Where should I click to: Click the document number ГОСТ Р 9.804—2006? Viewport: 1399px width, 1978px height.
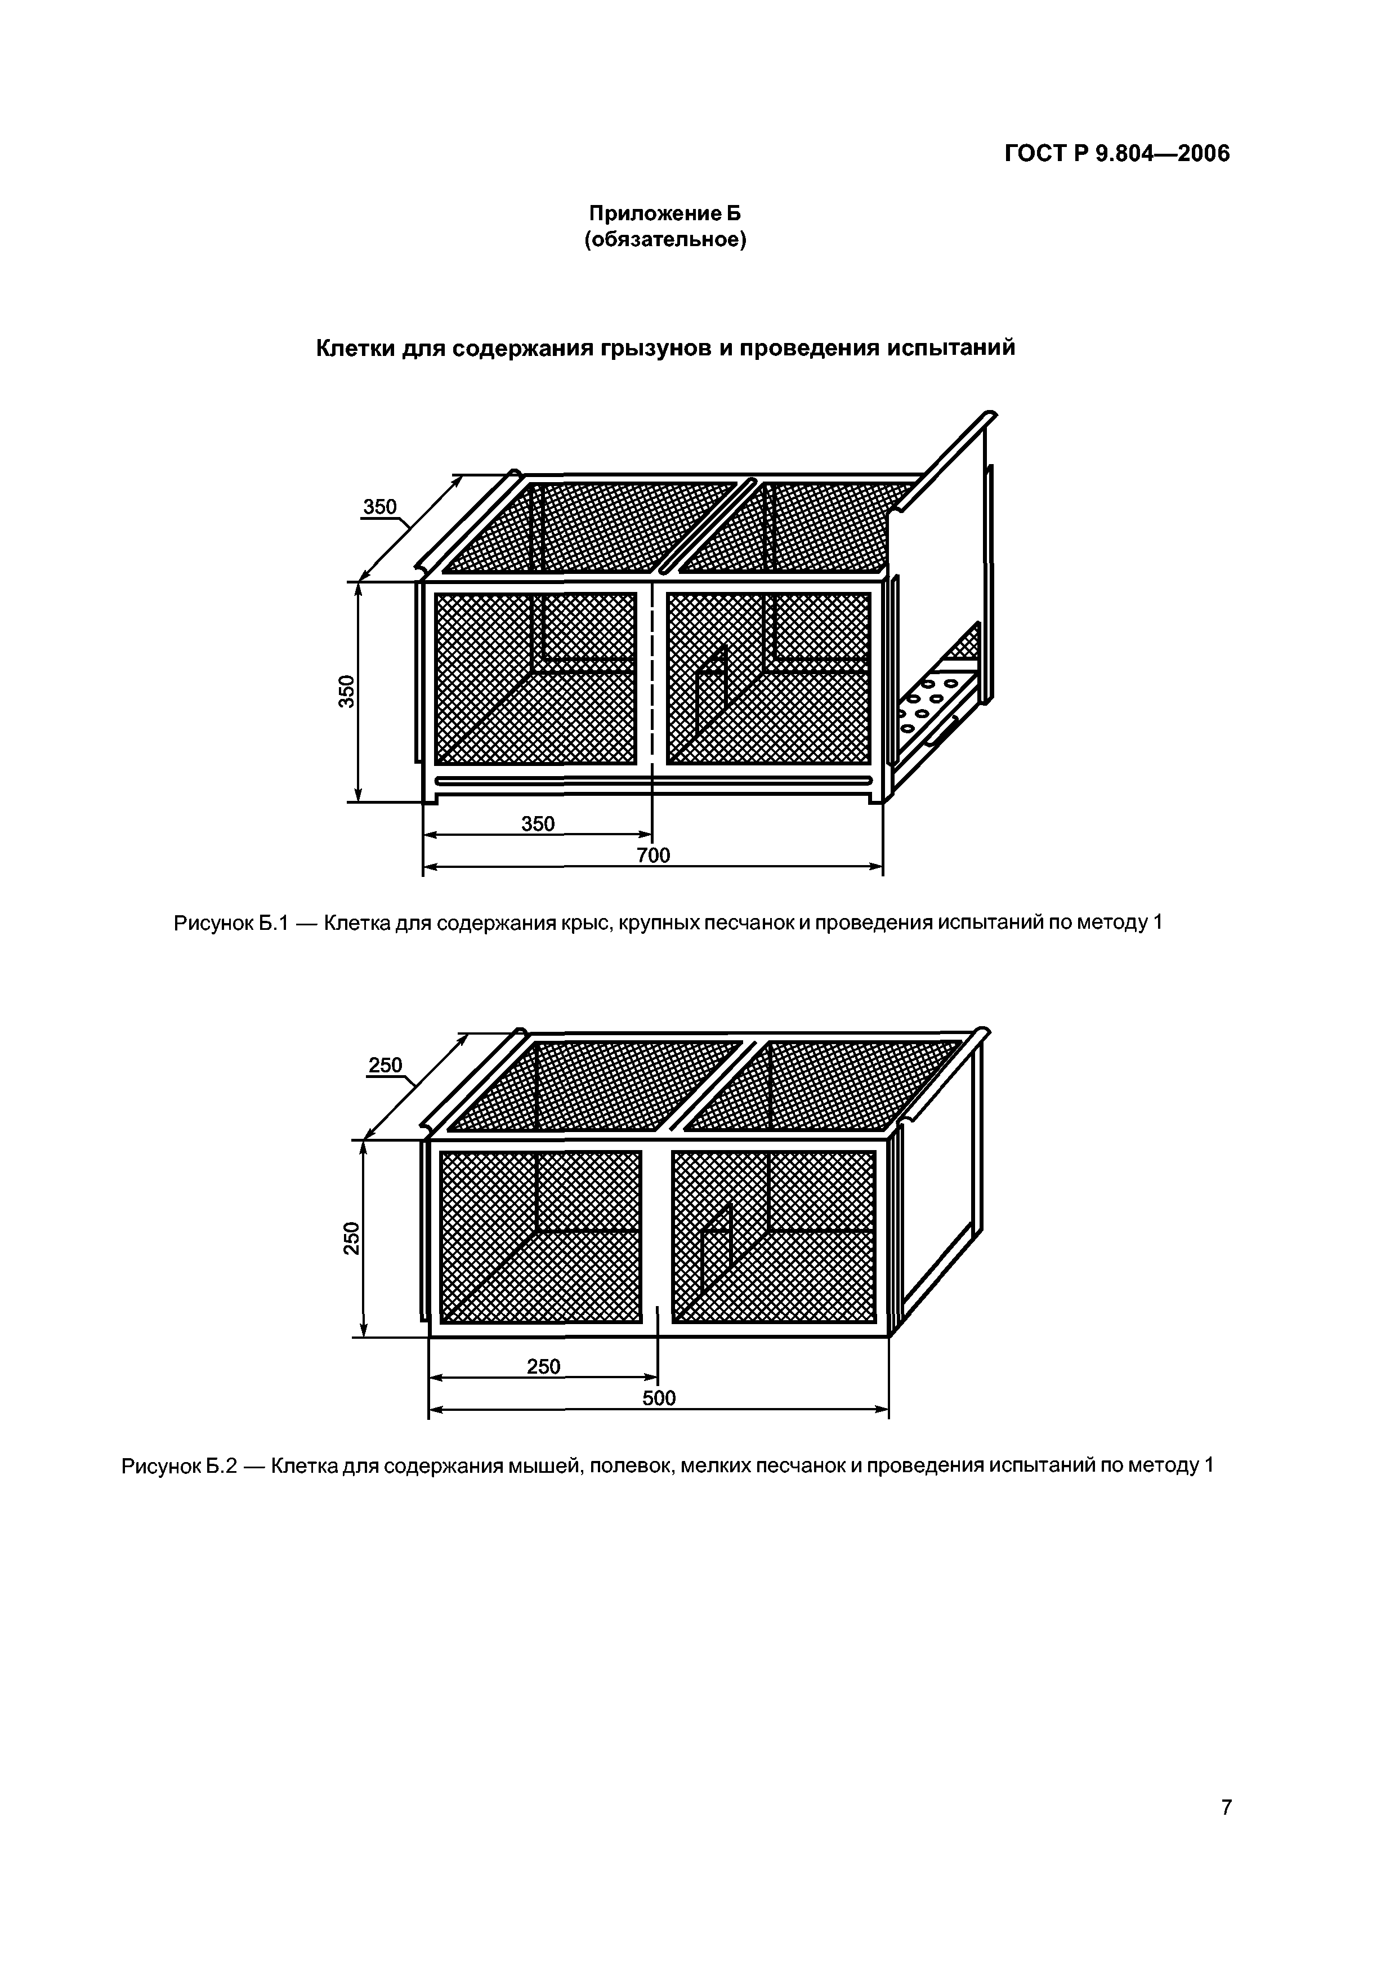(1118, 154)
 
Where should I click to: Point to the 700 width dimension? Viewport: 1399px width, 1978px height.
(654, 855)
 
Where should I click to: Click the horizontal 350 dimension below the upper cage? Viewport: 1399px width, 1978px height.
(538, 824)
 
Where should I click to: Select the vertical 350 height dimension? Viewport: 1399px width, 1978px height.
(346, 691)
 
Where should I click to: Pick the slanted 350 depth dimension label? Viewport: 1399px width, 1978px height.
(380, 507)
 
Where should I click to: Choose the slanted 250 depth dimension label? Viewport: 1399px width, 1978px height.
(385, 1065)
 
